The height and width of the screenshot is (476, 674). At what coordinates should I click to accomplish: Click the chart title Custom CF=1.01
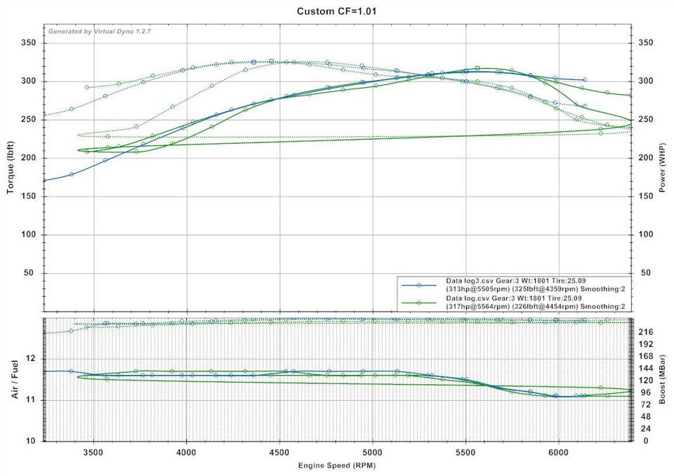pos(337,11)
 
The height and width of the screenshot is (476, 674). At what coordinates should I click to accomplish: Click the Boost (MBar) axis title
pos(663,380)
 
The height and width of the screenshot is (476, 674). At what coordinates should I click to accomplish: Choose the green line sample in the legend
pos(418,303)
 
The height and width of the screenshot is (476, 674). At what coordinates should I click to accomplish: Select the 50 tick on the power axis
pos(645,273)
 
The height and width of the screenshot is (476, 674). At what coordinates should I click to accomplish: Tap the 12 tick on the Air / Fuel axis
pos(30,359)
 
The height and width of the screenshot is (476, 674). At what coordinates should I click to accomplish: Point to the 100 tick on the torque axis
pos(28,234)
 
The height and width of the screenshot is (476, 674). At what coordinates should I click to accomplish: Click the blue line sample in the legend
pos(418,286)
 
